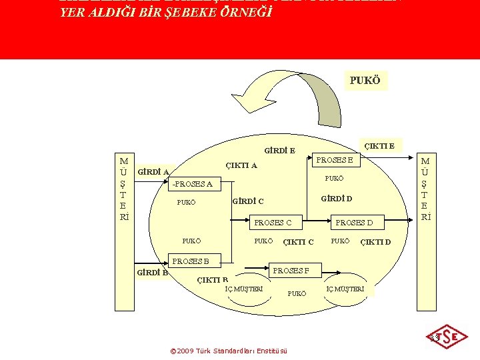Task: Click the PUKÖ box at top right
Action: point(365,81)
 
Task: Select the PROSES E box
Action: point(339,159)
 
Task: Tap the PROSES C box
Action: point(273,223)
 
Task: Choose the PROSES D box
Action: point(354,223)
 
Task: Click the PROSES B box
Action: point(191,261)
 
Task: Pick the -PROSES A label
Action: point(192,184)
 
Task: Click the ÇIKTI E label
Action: point(378,146)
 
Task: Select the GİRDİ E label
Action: point(279,151)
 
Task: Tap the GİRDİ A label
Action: point(153,172)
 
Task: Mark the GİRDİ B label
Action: point(152,272)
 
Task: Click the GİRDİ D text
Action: point(337,199)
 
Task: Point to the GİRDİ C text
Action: point(248,201)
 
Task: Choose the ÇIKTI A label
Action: point(241,165)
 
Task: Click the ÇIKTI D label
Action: point(375,241)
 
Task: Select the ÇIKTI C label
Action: point(298,241)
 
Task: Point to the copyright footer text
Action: point(229,351)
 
